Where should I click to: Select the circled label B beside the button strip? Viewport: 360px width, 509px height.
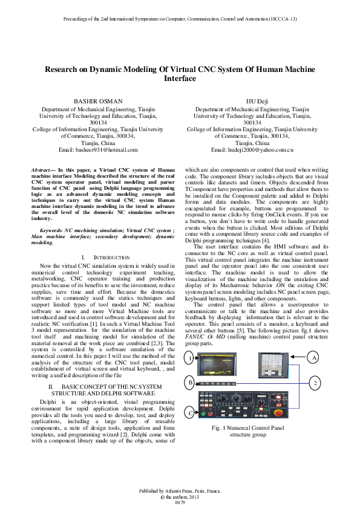[x=191, y=383]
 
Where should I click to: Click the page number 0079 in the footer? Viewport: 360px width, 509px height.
[x=180, y=502]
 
